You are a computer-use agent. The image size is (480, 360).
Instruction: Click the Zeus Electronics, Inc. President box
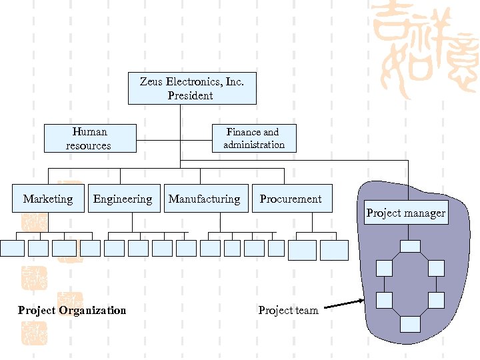(192, 89)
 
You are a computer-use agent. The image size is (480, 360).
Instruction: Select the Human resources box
(90, 138)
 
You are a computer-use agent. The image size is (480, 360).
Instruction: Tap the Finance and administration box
(254, 138)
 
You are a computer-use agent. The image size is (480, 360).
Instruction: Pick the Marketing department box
(48, 199)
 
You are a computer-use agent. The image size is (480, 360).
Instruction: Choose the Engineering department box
(124, 199)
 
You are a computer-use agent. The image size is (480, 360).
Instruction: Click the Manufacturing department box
(205, 199)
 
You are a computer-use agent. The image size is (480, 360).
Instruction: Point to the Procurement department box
(291, 199)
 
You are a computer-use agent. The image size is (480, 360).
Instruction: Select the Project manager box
(406, 213)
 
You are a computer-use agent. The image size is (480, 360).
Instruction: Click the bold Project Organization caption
(72, 310)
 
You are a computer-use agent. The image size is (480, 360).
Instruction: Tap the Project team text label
(288, 310)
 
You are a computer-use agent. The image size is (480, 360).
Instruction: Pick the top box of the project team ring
(410, 246)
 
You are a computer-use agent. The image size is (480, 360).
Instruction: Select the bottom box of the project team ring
(410, 324)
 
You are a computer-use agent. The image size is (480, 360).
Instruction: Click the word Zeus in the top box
(151, 82)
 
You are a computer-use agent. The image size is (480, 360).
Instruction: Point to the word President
(191, 95)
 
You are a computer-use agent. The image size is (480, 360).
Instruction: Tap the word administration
(254, 145)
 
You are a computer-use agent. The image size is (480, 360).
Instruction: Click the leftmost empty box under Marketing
(12, 248)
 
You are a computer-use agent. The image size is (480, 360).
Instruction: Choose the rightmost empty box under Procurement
(334, 250)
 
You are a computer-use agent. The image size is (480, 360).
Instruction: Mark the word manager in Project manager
(427, 213)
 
